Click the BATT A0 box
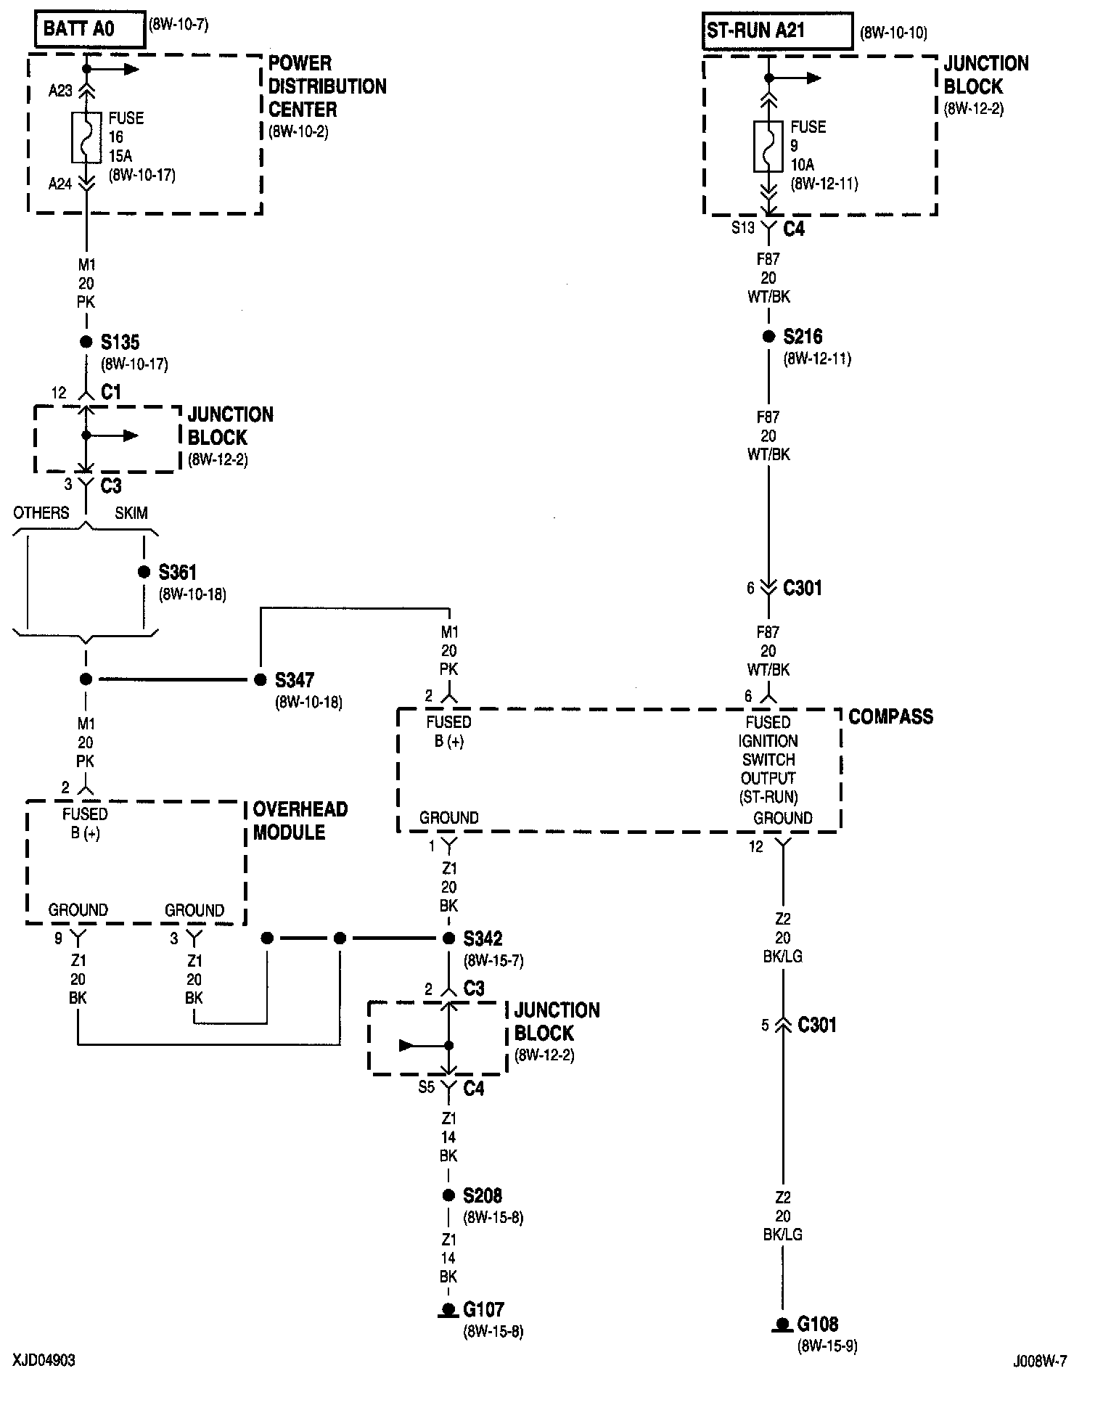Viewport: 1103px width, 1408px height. click(x=89, y=30)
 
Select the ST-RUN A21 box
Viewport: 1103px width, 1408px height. click(x=777, y=31)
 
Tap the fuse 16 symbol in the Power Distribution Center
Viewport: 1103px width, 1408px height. click(x=86, y=137)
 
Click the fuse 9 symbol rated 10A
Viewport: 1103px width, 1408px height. click(x=768, y=147)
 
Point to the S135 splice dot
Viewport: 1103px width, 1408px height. click(x=86, y=342)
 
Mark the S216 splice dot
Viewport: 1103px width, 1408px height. click(x=768, y=337)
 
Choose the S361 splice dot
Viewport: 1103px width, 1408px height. click(x=144, y=573)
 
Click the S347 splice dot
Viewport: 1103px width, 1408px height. click(x=260, y=680)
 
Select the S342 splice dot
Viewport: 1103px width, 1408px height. click(x=449, y=938)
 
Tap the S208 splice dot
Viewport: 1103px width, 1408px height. click(x=449, y=1195)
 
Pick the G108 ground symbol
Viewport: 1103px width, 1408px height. click(x=782, y=1325)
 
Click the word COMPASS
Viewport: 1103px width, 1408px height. click(x=890, y=717)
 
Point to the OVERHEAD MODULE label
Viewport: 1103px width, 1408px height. click(x=300, y=821)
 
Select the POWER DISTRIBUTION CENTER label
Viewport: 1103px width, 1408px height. click(x=327, y=86)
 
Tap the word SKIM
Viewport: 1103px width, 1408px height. click(x=131, y=513)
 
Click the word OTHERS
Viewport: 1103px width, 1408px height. click(x=41, y=513)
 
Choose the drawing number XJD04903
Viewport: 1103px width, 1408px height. click(x=44, y=1359)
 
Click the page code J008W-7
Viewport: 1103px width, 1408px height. click(x=1040, y=1362)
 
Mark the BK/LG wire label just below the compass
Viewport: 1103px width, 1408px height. click(x=782, y=957)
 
